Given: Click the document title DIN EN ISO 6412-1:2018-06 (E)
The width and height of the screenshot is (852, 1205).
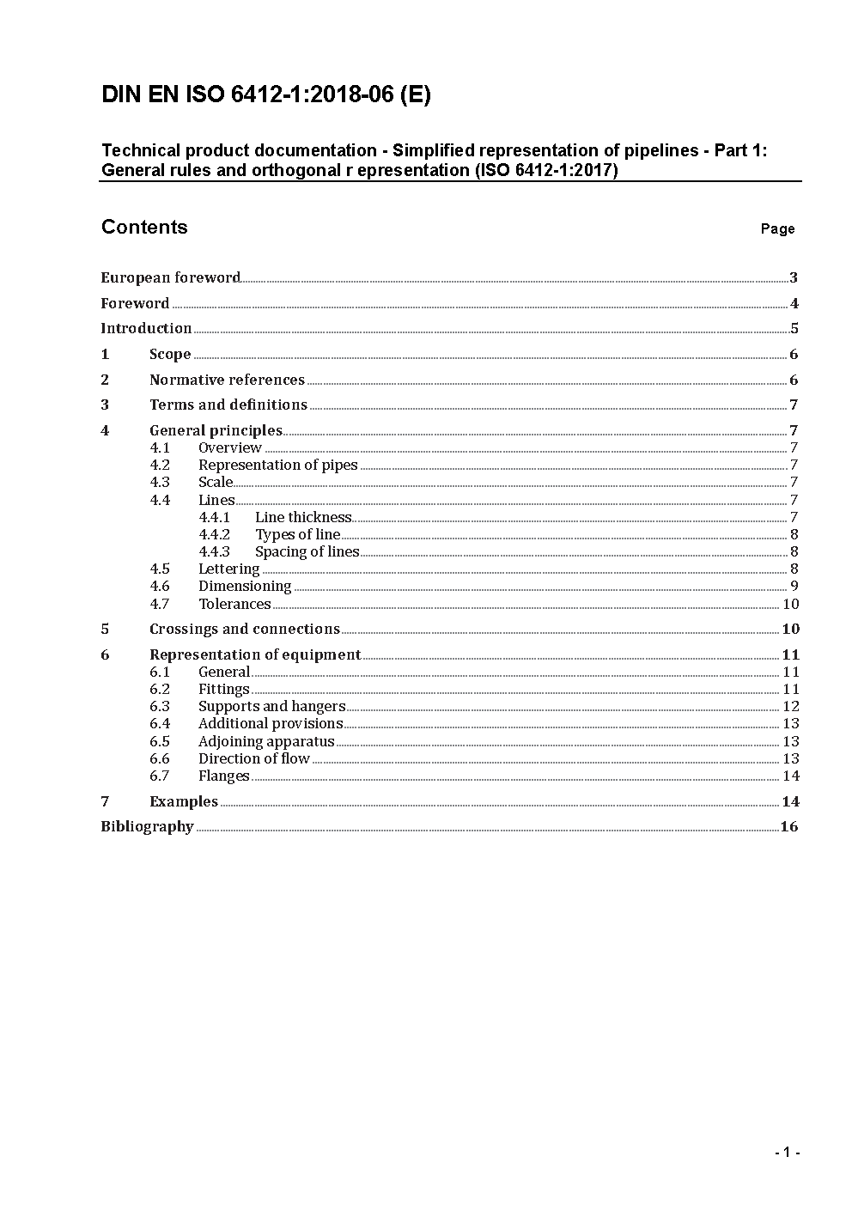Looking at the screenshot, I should pyautogui.click(x=265, y=95).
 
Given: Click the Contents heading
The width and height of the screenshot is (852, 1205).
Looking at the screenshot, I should pyautogui.click(x=144, y=227).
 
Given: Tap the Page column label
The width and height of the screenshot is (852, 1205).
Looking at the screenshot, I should pyautogui.click(x=777, y=228).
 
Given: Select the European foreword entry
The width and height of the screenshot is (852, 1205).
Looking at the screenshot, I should pyautogui.click(x=170, y=277).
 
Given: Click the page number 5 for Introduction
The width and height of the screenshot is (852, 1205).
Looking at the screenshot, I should pyautogui.click(x=794, y=328).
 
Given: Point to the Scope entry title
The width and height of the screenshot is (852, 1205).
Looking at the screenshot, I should pyautogui.click(x=170, y=354).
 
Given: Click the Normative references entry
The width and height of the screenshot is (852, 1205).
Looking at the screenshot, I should pyautogui.click(x=227, y=380).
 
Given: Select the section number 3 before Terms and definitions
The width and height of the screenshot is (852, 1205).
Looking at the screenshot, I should pyautogui.click(x=105, y=405).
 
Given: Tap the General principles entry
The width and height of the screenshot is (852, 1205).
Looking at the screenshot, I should pyautogui.click(x=216, y=430).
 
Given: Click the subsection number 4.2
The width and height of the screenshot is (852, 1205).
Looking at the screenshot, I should pyautogui.click(x=160, y=465).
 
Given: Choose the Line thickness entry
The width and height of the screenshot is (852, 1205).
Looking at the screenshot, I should pyautogui.click(x=303, y=517).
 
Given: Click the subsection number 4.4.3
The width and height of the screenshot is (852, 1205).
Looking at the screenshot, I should pyautogui.click(x=215, y=551).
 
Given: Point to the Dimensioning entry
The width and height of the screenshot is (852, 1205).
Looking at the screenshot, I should pyautogui.click(x=245, y=586).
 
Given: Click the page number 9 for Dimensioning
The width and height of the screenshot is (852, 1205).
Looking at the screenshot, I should pyautogui.click(x=794, y=586).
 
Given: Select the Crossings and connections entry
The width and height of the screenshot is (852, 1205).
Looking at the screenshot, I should pyautogui.click(x=245, y=629).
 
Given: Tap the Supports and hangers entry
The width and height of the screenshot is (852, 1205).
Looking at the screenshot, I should pyautogui.click(x=271, y=706).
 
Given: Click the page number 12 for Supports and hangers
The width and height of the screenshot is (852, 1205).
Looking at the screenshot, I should pyautogui.click(x=791, y=706).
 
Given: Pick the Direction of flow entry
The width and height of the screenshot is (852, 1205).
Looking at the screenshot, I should pyautogui.click(x=253, y=758).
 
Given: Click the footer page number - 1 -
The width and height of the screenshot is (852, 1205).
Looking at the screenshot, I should pyautogui.click(x=787, y=1152).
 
